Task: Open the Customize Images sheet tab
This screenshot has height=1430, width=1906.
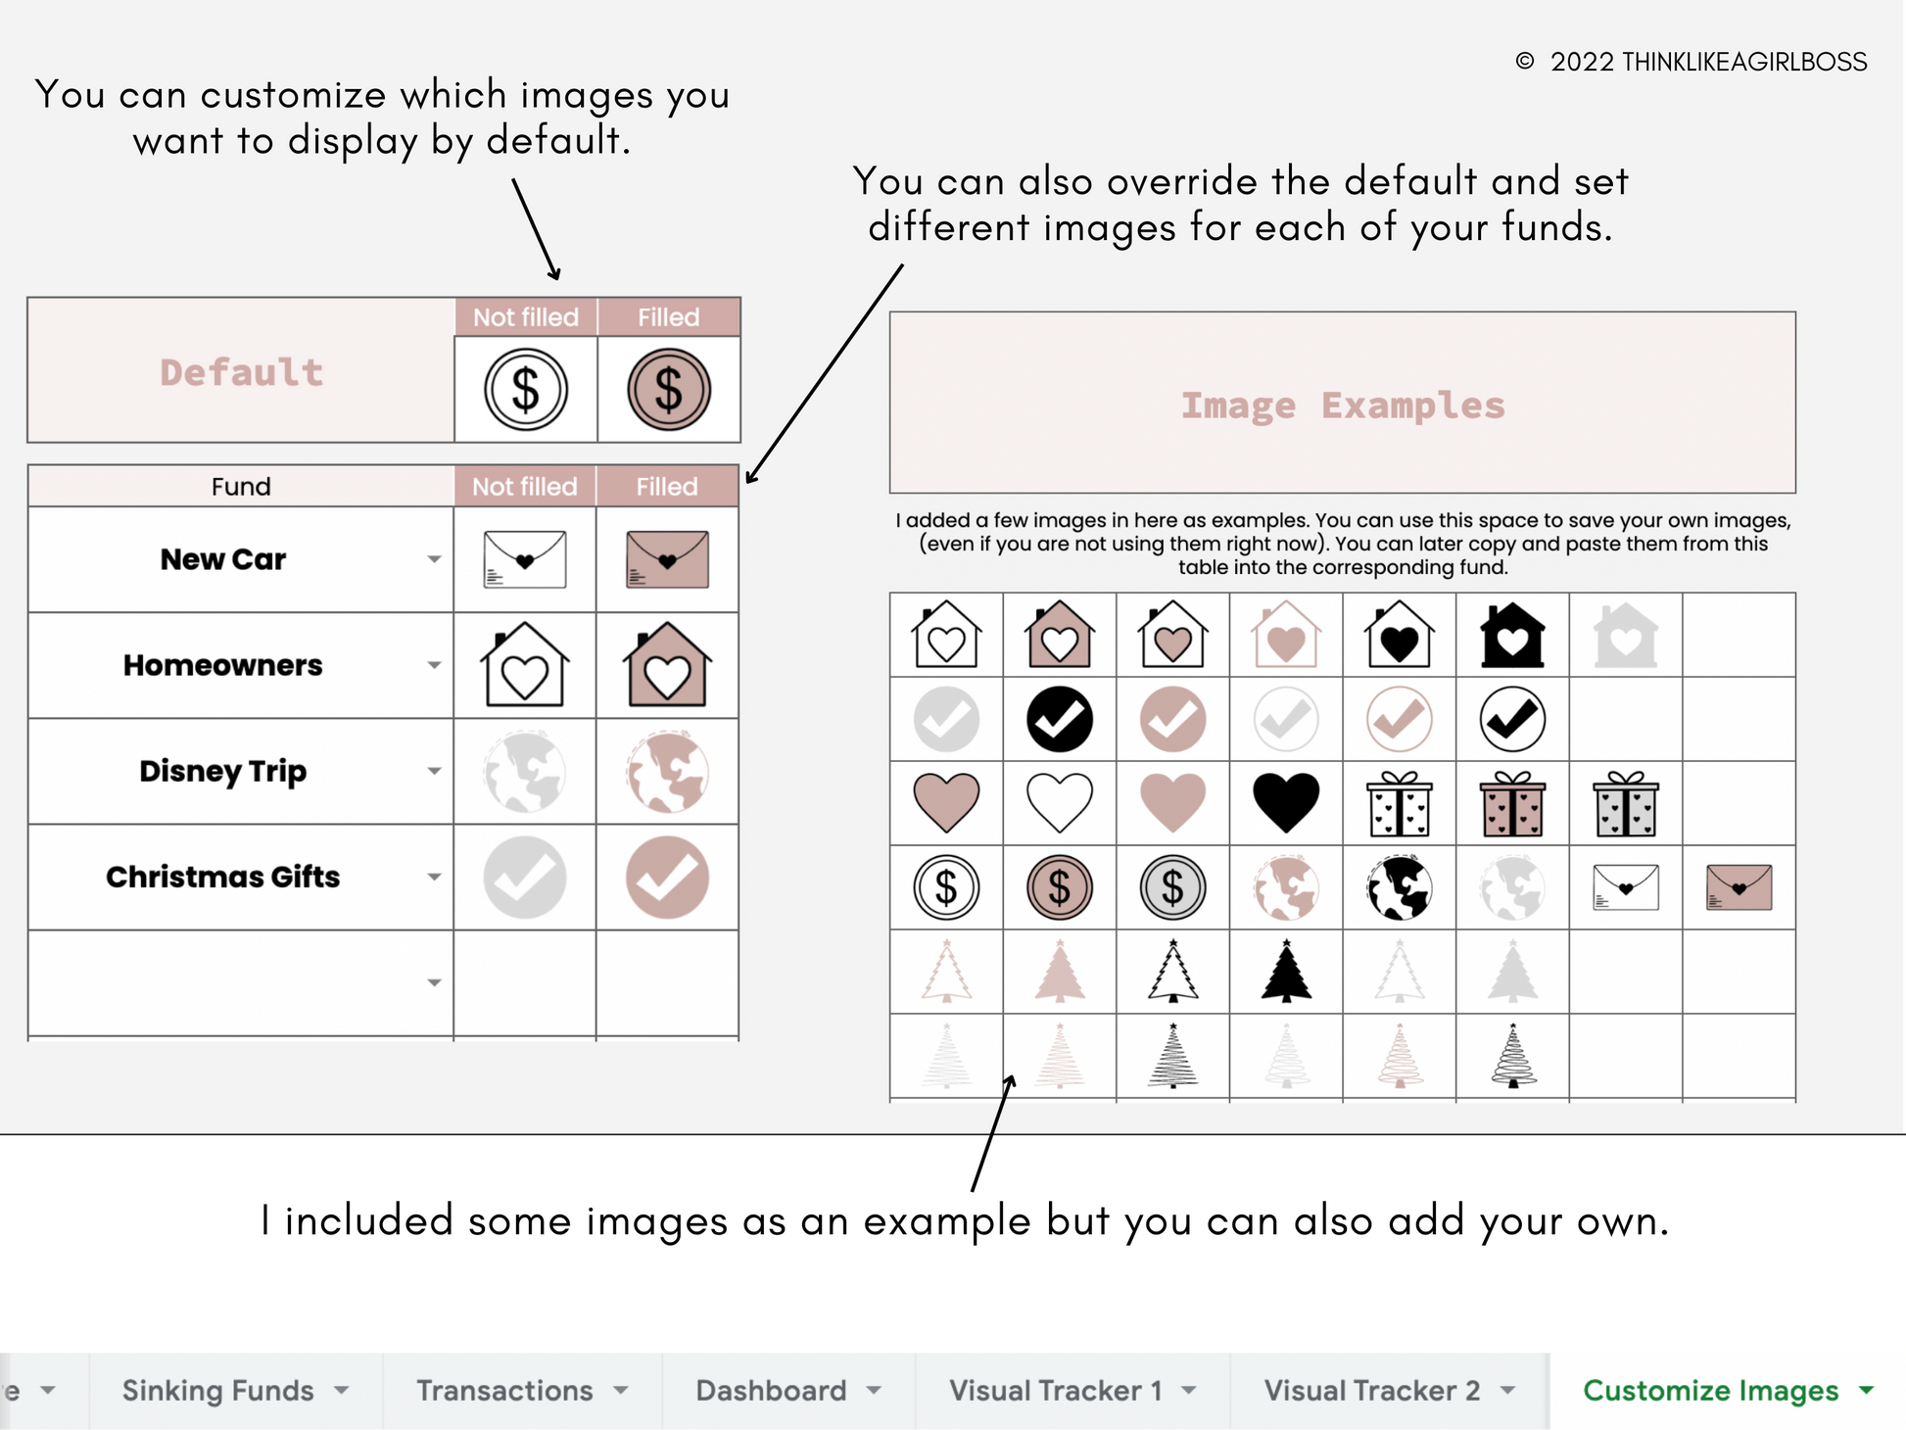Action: (1710, 1390)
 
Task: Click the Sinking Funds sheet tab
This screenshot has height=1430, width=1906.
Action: (217, 1390)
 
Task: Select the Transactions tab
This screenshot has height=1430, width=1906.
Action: (504, 1390)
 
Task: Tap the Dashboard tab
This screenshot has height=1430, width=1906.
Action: (771, 1390)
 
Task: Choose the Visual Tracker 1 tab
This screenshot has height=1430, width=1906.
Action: (1055, 1390)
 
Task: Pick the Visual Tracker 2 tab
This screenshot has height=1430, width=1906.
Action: (1371, 1390)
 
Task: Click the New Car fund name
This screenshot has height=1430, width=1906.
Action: (223, 559)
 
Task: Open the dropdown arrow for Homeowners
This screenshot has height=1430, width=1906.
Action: (434, 666)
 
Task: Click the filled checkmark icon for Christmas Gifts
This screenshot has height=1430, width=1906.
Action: (667, 878)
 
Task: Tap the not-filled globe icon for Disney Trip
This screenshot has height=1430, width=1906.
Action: (525, 772)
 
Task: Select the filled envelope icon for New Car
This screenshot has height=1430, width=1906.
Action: (667, 559)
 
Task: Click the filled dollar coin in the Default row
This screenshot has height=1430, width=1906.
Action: (669, 390)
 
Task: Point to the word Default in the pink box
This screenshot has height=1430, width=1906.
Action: (242, 372)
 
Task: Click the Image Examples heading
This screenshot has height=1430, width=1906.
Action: (1342, 405)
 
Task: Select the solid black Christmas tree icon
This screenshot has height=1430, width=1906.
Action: (1286, 971)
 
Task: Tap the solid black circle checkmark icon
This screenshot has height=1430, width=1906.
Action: (1060, 719)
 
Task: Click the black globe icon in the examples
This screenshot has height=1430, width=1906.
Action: (1400, 887)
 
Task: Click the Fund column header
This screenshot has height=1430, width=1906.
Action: (241, 487)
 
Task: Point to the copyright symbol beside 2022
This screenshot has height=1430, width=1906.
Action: (1524, 62)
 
